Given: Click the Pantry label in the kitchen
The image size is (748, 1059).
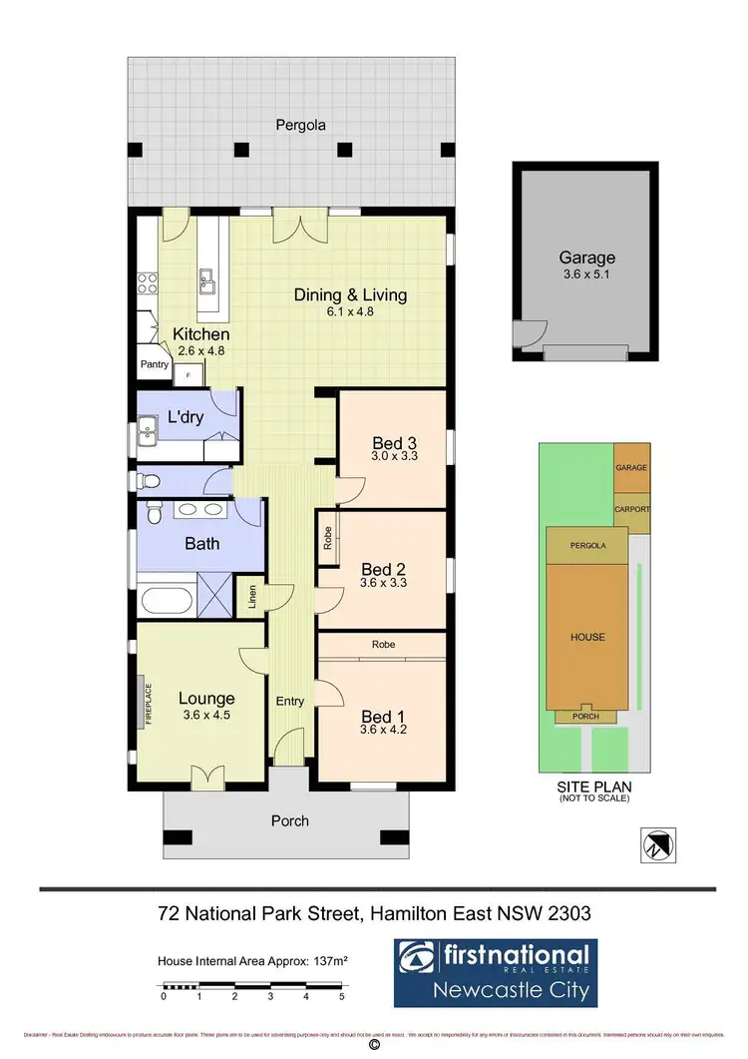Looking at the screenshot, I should [x=154, y=365].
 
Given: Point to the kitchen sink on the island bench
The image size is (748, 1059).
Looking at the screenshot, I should [x=208, y=282].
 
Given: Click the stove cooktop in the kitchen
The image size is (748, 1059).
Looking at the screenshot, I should [x=147, y=283].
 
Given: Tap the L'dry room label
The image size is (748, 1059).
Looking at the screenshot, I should [x=186, y=417].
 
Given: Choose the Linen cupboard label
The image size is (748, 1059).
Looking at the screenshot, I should [x=252, y=597].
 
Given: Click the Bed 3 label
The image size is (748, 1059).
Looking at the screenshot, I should [x=388, y=443].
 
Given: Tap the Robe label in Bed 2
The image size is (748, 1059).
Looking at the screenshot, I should [x=327, y=539].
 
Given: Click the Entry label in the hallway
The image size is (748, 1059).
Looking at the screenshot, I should [x=289, y=702].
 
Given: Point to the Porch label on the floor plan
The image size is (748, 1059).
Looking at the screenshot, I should [x=290, y=821].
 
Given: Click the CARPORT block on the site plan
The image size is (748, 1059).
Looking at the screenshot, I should [x=631, y=509].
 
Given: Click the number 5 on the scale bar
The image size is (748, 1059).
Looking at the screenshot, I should [x=341, y=996].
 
